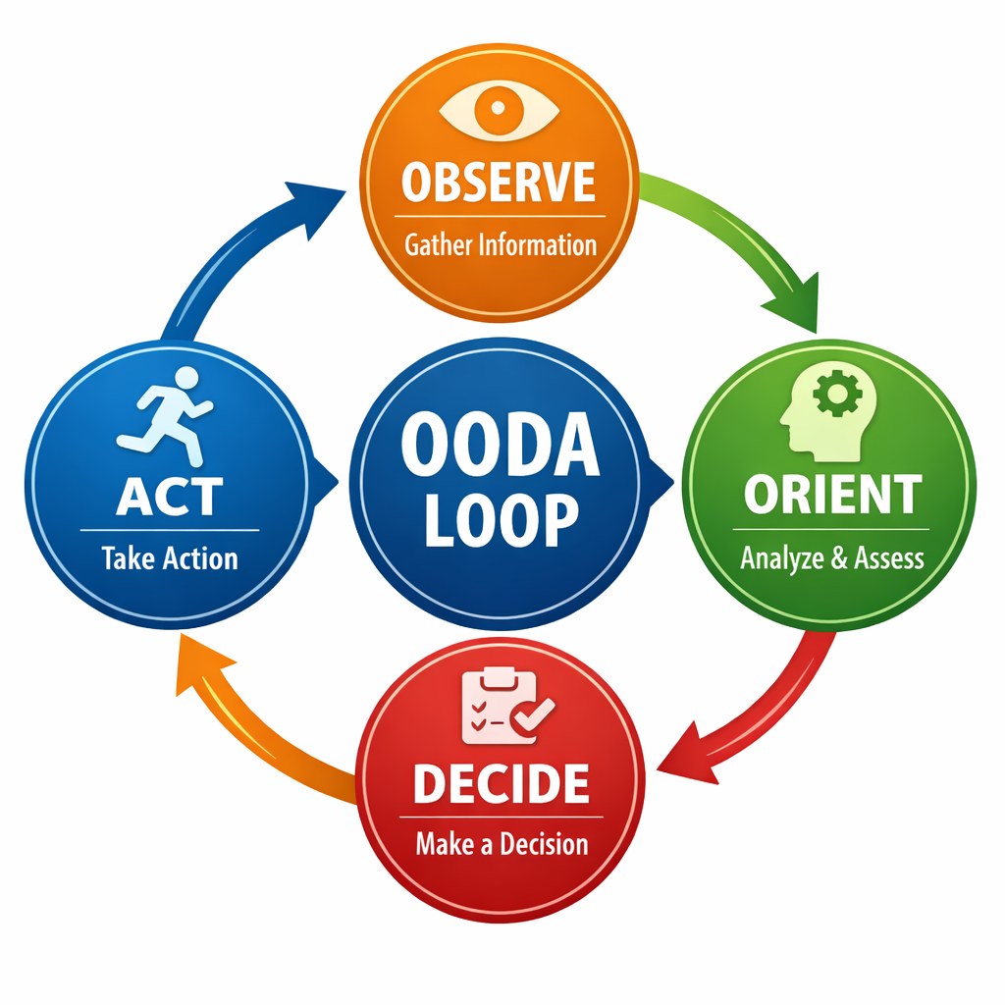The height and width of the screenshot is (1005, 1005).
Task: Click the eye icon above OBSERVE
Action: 499,110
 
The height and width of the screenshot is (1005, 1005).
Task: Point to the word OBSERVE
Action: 499,183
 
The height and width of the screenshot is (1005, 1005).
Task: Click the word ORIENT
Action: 832,495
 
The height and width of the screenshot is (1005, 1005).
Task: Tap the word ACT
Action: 169,497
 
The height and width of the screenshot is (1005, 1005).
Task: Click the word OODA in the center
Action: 501,447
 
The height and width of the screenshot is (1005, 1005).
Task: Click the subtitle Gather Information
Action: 501,244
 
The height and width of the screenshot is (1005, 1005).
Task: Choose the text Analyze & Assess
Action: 832,558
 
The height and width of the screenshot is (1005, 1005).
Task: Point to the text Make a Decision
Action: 502,844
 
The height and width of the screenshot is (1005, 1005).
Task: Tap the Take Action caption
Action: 170,559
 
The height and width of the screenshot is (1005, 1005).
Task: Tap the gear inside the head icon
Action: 837,395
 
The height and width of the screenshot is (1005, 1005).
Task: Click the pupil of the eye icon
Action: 499,109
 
